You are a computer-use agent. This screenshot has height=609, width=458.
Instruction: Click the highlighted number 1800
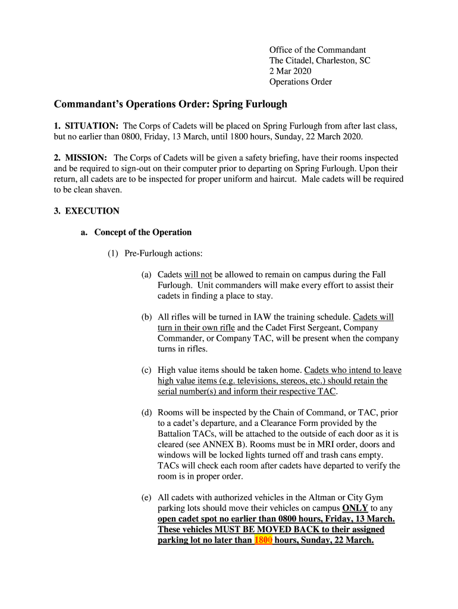tap(263, 541)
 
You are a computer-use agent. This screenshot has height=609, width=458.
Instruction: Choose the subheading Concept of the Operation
tap(143, 233)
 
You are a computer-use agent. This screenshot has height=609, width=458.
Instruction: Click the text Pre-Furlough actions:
tap(164, 254)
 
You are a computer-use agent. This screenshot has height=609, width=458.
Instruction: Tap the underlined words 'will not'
tap(198, 275)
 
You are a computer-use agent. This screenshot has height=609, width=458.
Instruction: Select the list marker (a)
tap(146, 275)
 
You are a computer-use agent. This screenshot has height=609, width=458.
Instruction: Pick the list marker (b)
tap(146, 318)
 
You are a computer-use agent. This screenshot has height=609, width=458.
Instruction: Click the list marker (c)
tap(146, 370)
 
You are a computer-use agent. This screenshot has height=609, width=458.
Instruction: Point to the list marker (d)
tap(146, 413)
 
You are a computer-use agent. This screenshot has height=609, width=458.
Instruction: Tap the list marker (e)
tap(146, 497)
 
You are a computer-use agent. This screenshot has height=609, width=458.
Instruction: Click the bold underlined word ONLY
tap(355, 508)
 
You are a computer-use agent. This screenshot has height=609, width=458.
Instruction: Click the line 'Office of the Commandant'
tap(318, 50)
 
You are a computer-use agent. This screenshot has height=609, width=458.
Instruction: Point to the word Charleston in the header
tap(336, 61)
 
